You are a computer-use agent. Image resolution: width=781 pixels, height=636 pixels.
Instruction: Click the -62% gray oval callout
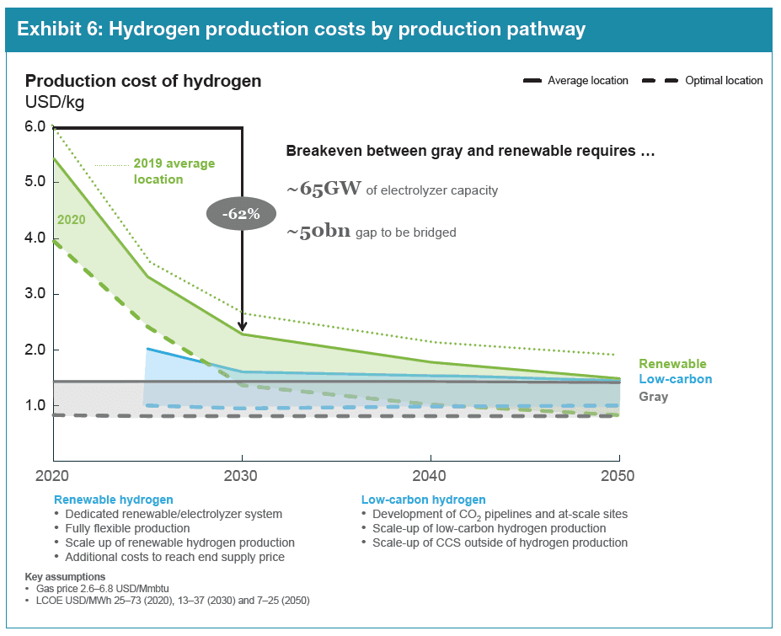[x=242, y=214]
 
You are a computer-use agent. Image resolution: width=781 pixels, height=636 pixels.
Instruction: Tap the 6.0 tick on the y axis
[x=36, y=126]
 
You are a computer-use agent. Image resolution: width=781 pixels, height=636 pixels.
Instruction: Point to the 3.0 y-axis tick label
[x=36, y=294]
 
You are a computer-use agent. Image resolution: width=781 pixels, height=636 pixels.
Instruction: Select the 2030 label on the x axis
[x=243, y=476]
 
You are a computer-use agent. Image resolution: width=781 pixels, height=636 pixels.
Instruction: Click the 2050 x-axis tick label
[x=618, y=476]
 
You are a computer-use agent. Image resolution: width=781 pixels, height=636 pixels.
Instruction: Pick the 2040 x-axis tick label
[x=431, y=476]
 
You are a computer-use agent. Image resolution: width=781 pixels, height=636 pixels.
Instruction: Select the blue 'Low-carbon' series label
[x=675, y=379]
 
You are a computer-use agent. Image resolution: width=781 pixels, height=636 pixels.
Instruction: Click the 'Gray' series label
[x=654, y=396]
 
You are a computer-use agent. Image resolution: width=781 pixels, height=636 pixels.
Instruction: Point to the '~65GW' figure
[x=324, y=190]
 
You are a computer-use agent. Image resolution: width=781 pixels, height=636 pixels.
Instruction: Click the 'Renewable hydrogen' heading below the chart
[x=114, y=500]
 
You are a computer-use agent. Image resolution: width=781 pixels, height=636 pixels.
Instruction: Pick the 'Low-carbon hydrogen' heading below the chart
[x=423, y=500]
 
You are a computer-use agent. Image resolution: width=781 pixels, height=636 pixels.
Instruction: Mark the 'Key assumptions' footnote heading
[x=66, y=577]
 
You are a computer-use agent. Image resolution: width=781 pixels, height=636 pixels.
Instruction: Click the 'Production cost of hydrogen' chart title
[x=143, y=81]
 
